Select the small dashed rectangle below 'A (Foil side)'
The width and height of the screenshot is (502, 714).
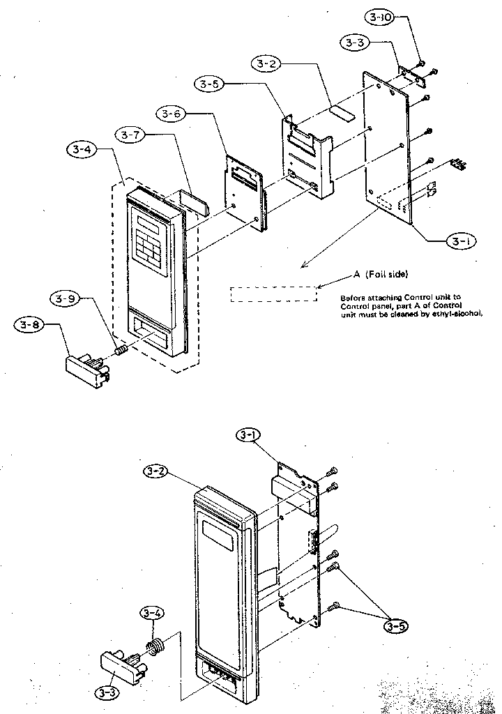[x=273, y=294]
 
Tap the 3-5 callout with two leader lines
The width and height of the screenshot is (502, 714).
[x=395, y=625]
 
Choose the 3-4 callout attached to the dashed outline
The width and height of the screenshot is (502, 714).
[x=82, y=149]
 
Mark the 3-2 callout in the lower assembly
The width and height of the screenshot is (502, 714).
[x=158, y=472]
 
